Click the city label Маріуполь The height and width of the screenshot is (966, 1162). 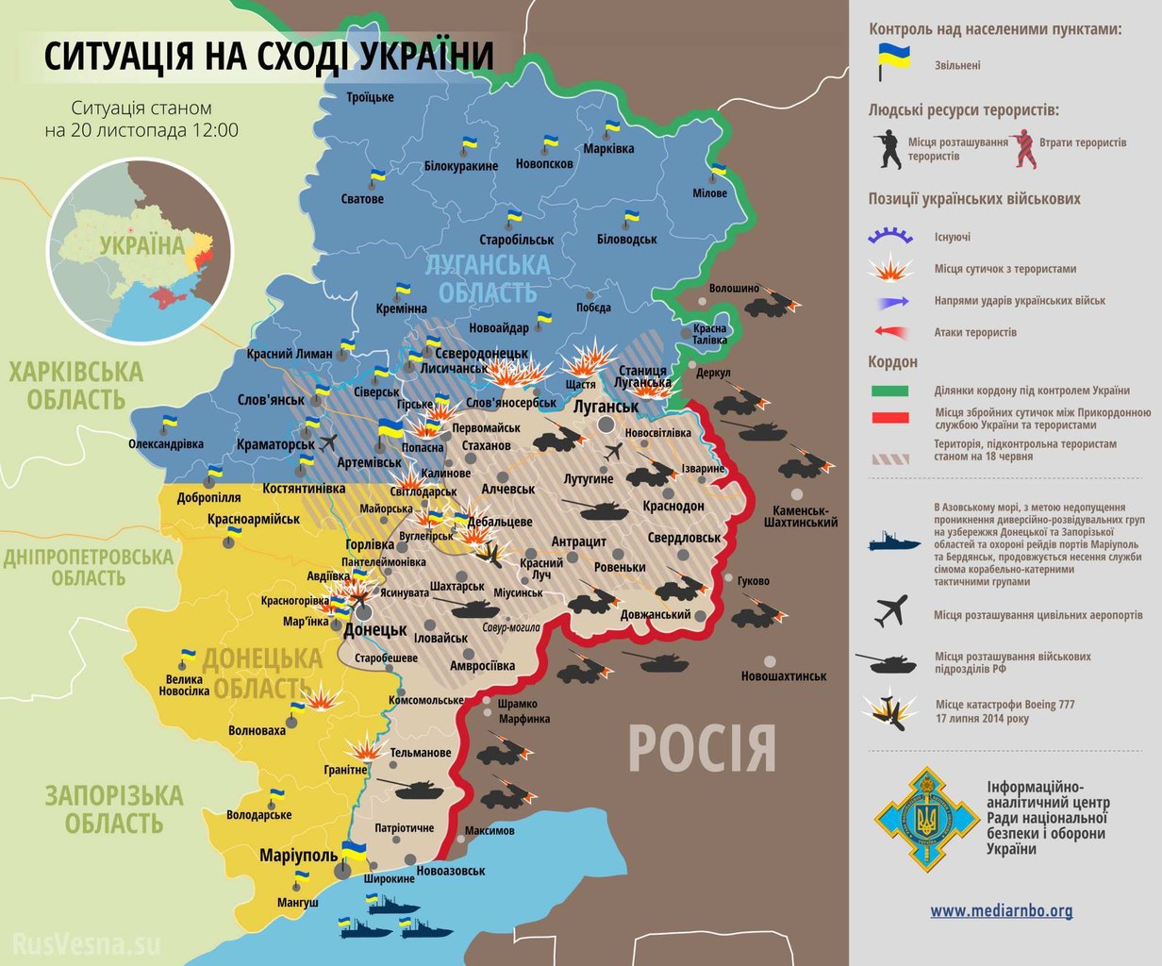pos(298,855)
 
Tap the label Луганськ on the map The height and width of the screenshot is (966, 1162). pos(606,407)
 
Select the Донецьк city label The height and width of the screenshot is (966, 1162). pos(375,629)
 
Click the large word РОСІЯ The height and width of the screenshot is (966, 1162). pos(702,748)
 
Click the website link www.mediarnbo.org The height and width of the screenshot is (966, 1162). pos(1001,910)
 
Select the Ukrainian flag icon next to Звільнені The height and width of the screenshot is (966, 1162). pos(893,58)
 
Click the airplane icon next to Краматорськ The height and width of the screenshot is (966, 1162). pos(329,442)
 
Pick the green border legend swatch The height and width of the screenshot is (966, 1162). pos(889,391)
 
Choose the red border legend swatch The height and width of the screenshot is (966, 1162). pos(889,417)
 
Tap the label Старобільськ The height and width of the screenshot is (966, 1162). pos(516,240)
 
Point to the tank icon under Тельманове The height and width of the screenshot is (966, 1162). pos(407,786)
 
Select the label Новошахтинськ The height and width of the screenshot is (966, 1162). pos(783,676)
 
